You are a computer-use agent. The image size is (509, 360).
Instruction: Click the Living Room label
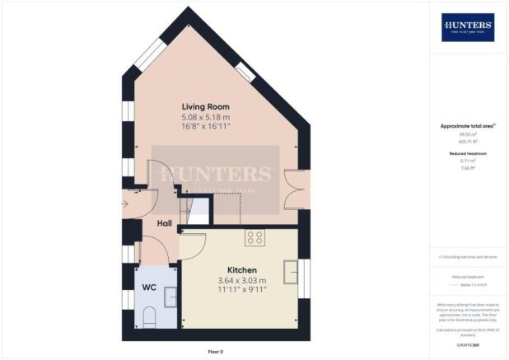206,107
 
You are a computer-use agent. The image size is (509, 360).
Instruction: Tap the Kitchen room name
242,270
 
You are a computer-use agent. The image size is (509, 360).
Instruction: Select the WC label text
150,288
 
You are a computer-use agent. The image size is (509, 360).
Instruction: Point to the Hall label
164,223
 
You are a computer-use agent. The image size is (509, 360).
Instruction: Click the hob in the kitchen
254,237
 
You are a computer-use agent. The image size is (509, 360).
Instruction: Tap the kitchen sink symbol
292,270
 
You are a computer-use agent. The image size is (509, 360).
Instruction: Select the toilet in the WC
149,316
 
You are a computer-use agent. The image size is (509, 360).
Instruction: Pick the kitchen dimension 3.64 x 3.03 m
242,281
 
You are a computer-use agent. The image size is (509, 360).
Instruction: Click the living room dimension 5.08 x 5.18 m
206,117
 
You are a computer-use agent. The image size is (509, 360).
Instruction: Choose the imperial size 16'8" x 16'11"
206,126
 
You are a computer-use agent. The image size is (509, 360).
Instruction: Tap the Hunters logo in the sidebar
468,27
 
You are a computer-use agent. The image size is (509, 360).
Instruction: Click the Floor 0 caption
215,352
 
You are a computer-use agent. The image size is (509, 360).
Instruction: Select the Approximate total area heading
466,126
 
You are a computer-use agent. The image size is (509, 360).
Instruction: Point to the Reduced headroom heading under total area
466,154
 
